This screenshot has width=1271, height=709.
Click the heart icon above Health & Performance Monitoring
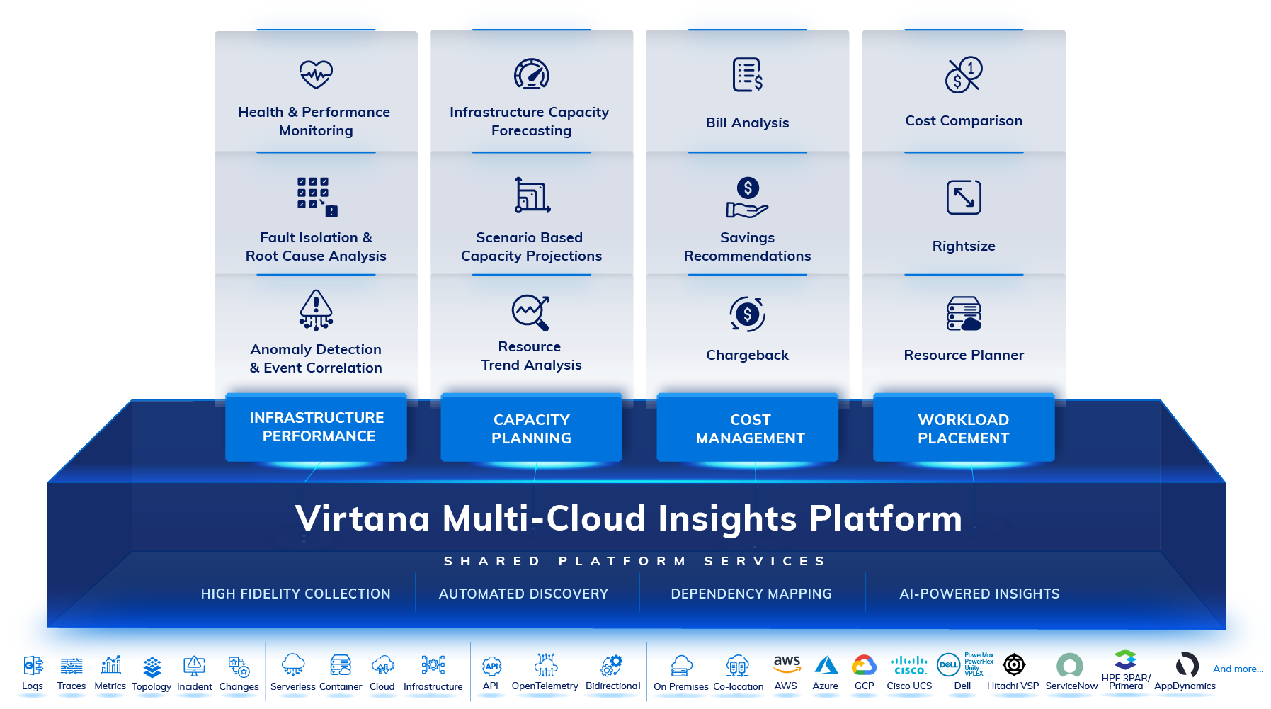[x=316, y=74]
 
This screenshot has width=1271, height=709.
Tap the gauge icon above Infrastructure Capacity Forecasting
[x=532, y=74]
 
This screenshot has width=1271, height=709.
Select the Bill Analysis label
[x=747, y=123]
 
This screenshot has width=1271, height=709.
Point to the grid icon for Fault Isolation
[x=317, y=196]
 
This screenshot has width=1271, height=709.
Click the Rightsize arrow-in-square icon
[x=964, y=197]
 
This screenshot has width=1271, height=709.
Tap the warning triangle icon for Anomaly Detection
[x=316, y=310]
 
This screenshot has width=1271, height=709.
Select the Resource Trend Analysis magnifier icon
[x=531, y=312]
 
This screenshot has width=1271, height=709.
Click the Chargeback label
[x=747, y=355]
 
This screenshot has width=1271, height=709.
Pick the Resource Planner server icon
[x=964, y=314]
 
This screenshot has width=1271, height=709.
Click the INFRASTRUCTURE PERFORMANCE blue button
[x=316, y=427]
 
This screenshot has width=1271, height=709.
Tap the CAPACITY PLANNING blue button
[x=531, y=429]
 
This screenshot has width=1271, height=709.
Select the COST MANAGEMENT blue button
[x=750, y=429]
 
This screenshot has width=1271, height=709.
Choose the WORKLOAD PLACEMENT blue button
[x=964, y=429]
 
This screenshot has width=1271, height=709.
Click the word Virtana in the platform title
[x=363, y=518]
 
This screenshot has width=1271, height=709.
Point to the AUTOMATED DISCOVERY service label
[x=523, y=594]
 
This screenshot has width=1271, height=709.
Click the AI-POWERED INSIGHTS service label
[x=979, y=594]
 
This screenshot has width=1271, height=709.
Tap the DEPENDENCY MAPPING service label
[x=751, y=594]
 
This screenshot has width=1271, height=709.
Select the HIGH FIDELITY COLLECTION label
[x=295, y=594]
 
